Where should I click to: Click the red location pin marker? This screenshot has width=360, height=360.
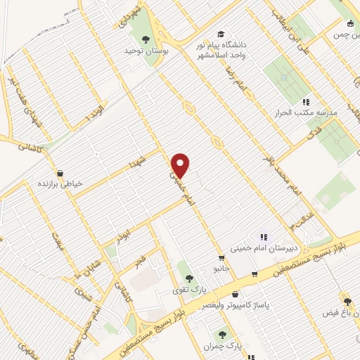click(181, 165)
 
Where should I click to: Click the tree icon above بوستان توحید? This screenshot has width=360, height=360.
click(146, 39)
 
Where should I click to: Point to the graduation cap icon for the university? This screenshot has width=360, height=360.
click(220, 34)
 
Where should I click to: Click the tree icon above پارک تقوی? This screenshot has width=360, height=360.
click(185, 276)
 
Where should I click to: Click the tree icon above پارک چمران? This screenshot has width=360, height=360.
click(223, 335)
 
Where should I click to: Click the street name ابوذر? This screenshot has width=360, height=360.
click(124, 232)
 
